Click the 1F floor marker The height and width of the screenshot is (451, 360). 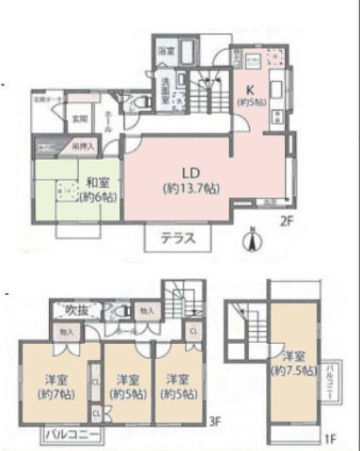click(x=330, y=439)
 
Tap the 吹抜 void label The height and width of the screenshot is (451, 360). click(x=64, y=309)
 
